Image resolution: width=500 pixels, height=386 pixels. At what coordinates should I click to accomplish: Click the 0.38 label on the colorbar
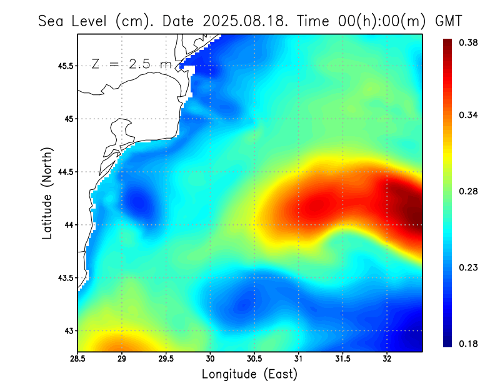pyautogui.click(x=469, y=42)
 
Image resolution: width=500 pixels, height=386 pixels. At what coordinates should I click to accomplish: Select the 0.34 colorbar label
pyautogui.click(x=469, y=115)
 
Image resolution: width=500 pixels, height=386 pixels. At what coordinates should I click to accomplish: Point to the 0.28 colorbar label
pyautogui.click(x=469, y=191)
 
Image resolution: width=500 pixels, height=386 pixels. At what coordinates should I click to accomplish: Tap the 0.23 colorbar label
pyautogui.click(x=469, y=267)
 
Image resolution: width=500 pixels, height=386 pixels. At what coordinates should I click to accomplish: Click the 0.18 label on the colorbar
pyautogui.click(x=469, y=344)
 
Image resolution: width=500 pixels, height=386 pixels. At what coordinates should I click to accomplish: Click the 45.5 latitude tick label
pyautogui.click(x=64, y=66)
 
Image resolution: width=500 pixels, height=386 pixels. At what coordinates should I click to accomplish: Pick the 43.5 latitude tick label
pyautogui.click(x=64, y=277)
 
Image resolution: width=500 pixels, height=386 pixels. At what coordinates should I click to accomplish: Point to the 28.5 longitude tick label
pyautogui.click(x=78, y=359)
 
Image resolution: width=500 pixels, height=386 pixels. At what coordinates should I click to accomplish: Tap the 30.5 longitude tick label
pyautogui.click(x=254, y=359)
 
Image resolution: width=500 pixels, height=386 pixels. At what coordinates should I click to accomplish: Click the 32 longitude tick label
pyautogui.click(x=387, y=359)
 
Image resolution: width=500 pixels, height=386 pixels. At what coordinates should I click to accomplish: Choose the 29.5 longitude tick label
pyautogui.click(x=166, y=359)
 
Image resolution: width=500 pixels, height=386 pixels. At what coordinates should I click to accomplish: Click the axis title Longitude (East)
pyautogui.click(x=249, y=374)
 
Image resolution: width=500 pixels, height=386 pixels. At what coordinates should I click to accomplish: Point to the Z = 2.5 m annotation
pyautogui.click(x=131, y=64)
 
